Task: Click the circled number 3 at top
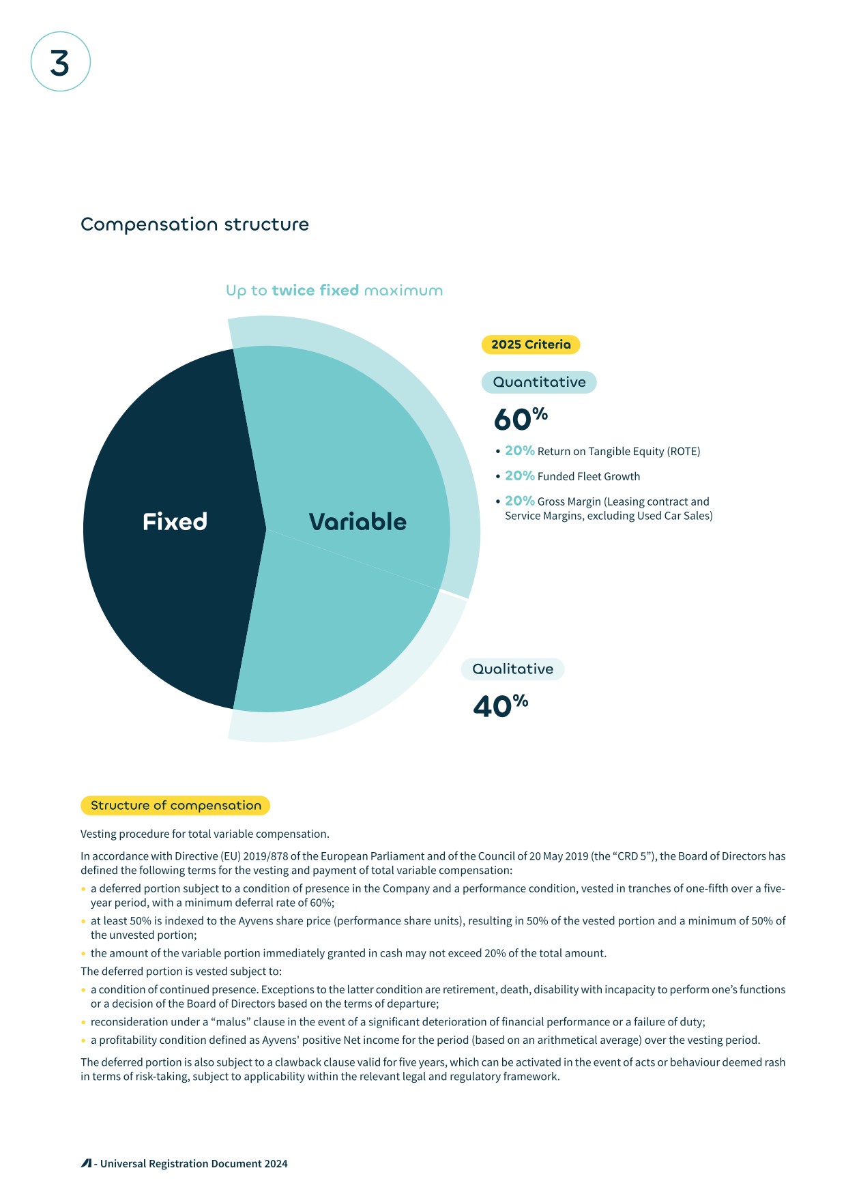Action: (x=60, y=62)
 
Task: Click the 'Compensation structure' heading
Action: (x=194, y=224)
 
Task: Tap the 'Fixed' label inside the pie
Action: (x=175, y=522)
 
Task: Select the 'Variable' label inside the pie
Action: (x=358, y=522)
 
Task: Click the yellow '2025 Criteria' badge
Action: (x=531, y=345)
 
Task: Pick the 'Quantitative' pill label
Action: (x=539, y=382)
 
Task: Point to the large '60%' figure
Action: (x=520, y=419)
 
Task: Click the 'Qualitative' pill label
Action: (x=512, y=669)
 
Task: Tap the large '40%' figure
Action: (x=500, y=705)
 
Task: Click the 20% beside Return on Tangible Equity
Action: (x=519, y=451)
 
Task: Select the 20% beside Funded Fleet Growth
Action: (x=519, y=476)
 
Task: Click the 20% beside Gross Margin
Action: (x=519, y=501)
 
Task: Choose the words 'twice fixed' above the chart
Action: (x=315, y=291)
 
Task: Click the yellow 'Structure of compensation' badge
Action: (x=175, y=806)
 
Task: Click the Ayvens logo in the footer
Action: (x=86, y=1163)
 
